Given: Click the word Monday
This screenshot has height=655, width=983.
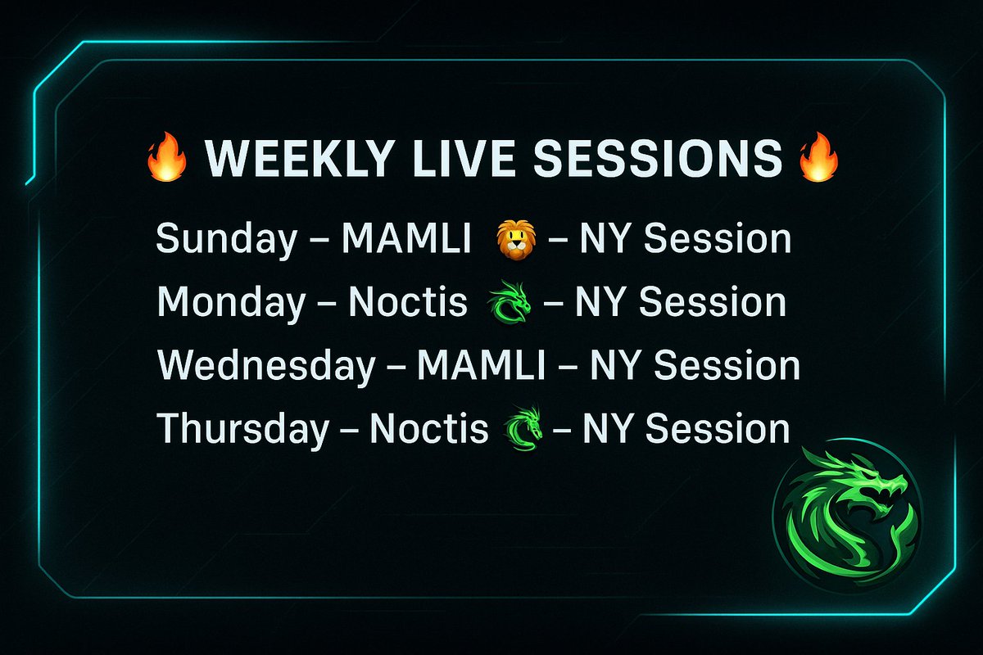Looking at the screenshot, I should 230,303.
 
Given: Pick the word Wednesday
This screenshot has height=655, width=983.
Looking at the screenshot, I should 265,366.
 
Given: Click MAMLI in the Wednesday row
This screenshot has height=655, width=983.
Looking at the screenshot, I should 480,366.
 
